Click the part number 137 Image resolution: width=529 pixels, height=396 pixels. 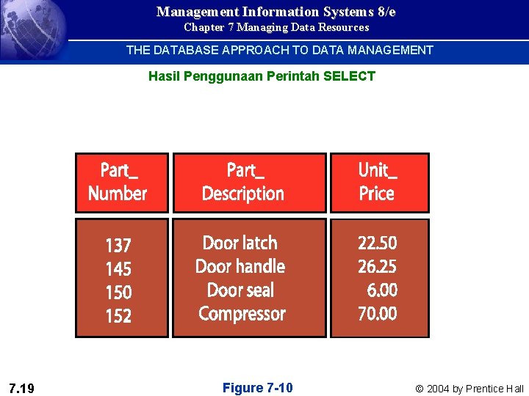[118, 245]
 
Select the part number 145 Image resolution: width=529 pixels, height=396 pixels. [118, 268]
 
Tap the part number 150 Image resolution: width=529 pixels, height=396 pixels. [118, 292]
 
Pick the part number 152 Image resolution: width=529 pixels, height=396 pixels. [118, 316]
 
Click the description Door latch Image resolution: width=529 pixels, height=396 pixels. [240, 243]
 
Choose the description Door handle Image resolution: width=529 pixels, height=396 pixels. [240, 266]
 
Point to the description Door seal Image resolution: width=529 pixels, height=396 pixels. [240, 290]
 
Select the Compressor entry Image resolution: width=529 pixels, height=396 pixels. [242, 314]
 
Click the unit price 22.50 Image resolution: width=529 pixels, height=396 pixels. [377, 243]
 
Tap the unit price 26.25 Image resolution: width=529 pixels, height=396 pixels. [377, 266]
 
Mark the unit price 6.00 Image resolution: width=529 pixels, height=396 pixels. [382, 290]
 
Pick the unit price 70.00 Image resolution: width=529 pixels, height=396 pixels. [377, 314]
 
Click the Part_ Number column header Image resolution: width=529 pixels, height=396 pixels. [118, 183]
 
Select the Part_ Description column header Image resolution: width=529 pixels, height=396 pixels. [243, 183]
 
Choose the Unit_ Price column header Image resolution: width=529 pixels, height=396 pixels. [377, 183]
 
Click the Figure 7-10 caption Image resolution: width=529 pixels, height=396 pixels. [257, 388]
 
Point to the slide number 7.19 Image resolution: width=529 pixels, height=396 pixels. [23, 388]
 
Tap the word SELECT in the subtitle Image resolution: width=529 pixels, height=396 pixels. [349, 76]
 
